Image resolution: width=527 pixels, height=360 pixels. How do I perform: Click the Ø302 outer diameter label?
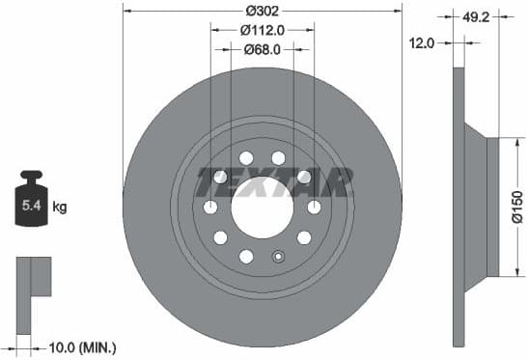click(263, 12)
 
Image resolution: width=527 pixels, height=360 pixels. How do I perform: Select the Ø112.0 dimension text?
click(263, 30)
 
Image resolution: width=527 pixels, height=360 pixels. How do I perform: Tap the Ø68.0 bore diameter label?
click(263, 49)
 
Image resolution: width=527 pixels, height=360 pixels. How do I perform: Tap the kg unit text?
click(60, 207)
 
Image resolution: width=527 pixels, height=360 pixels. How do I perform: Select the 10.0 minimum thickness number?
click(65, 346)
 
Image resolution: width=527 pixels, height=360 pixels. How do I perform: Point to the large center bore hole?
click(262, 207)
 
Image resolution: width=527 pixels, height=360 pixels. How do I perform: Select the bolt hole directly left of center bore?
click(210, 207)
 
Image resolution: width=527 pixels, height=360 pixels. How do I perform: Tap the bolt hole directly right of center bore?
click(314, 207)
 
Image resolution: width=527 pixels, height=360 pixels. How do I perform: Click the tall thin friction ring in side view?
click(459, 207)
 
